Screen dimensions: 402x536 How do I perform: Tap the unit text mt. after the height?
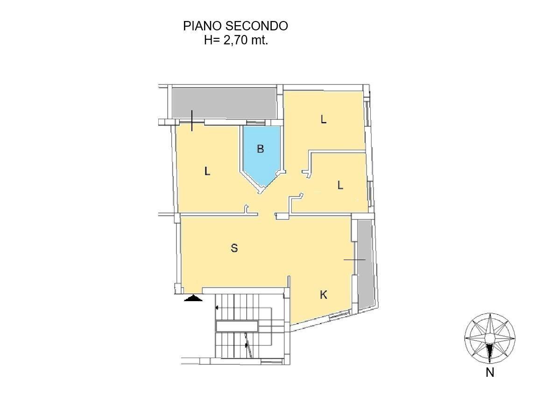pyautogui.click(x=259, y=40)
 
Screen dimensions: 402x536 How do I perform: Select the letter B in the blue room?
pyautogui.click(x=261, y=149)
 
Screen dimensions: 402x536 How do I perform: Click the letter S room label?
pyautogui.click(x=234, y=248)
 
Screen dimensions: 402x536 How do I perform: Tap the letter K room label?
pyautogui.click(x=324, y=295)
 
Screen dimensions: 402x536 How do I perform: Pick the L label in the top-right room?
pyautogui.click(x=323, y=120)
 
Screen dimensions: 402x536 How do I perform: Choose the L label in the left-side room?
pyautogui.click(x=207, y=171)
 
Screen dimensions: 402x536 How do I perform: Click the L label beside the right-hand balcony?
pyautogui.click(x=340, y=185)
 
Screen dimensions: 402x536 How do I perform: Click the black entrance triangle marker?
pyautogui.click(x=193, y=298)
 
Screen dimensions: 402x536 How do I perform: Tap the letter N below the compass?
pyautogui.click(x=490, y=373)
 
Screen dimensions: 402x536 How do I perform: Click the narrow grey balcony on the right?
pyautogui.click(x=365, y=264)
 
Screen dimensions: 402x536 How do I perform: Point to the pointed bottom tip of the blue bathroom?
pyautogui.click(x=260, y=191)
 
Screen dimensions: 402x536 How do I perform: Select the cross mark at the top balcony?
pyautogui.click(x=192, y=121)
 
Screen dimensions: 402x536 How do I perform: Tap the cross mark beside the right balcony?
pyautogui.click(x=354, y=259)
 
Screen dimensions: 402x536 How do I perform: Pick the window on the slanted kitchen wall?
pyautogui.click(x=338, y=317)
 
